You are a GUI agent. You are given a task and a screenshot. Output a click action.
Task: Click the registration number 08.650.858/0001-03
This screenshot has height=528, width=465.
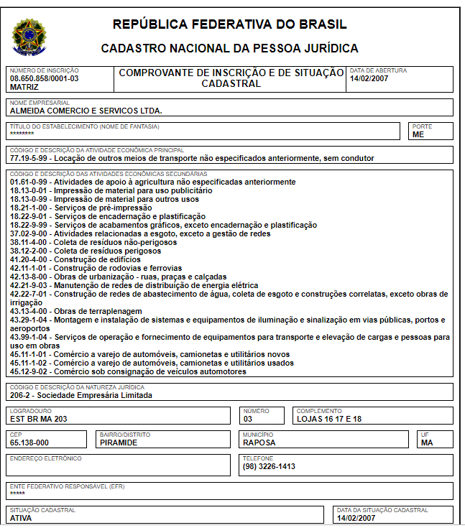tap(45, 78)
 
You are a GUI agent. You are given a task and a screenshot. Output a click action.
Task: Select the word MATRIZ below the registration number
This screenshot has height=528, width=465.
tap(24, 86)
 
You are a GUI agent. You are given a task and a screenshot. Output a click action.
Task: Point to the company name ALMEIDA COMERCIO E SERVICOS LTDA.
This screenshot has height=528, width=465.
tap(86, 111)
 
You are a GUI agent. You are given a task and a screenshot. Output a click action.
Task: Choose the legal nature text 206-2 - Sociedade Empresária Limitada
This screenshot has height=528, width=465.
tap(81, 394)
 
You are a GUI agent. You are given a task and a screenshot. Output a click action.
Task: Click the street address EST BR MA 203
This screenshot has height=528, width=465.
tap(40, 418)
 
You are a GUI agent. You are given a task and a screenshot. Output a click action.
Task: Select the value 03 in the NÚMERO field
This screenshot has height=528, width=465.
tap(248, 418)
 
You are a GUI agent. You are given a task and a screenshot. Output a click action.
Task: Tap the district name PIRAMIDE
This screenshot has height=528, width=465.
tap(119, 443)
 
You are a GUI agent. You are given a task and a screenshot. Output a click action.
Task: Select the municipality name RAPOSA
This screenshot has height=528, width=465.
tap(259, 443)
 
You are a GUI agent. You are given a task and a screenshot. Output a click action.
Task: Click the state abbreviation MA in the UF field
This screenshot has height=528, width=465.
tap(427, 443)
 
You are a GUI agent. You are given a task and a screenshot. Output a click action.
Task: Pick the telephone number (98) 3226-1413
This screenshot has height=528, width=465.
tap(269, 466)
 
